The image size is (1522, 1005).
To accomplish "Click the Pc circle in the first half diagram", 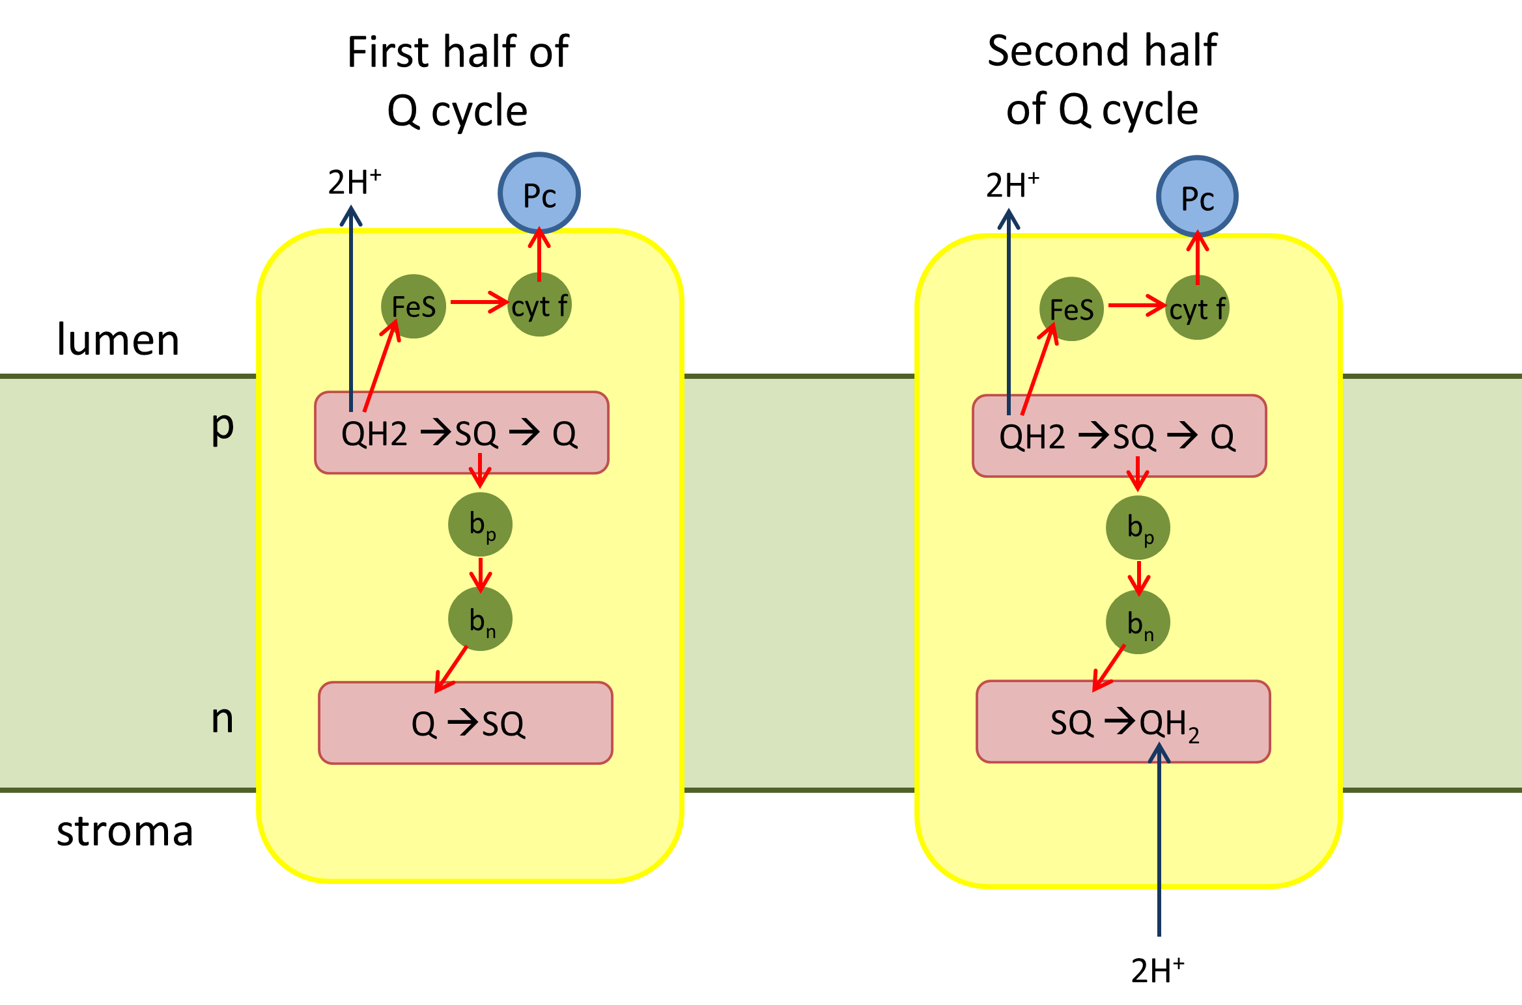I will point(539,193).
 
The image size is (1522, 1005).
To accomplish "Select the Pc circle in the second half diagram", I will point(1197,197).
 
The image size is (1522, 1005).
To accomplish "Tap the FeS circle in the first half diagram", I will point(414,307).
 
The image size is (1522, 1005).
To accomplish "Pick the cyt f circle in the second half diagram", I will point(1197,309).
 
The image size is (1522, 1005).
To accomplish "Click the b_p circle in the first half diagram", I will point(481,525).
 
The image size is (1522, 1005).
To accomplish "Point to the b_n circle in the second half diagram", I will point(1138,622).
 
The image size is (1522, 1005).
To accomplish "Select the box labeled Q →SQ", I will point(466,723).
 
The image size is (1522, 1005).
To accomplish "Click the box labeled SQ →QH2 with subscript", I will point(1123,722).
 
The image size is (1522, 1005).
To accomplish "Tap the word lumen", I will point(118,340).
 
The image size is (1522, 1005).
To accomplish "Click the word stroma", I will point(125,831).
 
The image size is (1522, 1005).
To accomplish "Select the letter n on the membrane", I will point(222,719).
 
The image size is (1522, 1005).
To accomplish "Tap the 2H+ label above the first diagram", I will point(354,182).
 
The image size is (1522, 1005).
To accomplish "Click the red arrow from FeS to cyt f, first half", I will point(479,302).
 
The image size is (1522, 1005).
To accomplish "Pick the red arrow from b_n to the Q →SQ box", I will point(451,669).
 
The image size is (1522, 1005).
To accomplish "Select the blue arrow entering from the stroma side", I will point(1159,846).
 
